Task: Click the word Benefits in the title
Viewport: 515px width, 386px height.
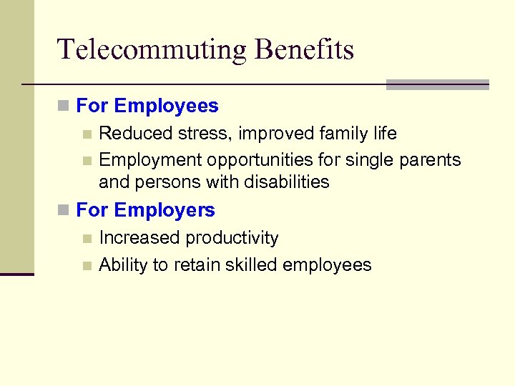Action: (x=304, y=50)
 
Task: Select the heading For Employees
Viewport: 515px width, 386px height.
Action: (x=147, y=107)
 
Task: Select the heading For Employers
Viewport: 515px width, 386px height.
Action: (x=145, y=210)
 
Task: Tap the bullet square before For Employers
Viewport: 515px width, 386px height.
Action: (x=64, y=211)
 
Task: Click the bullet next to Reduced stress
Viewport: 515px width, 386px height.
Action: (x=87, y=134)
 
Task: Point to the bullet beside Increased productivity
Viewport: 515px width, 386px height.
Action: (x=87, y=239)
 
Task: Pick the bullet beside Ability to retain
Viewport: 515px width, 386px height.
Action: (x=87, y=266)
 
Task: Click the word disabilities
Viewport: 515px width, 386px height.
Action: (x=286, y=182)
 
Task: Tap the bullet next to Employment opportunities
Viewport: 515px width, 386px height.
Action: (x=87, y=161)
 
